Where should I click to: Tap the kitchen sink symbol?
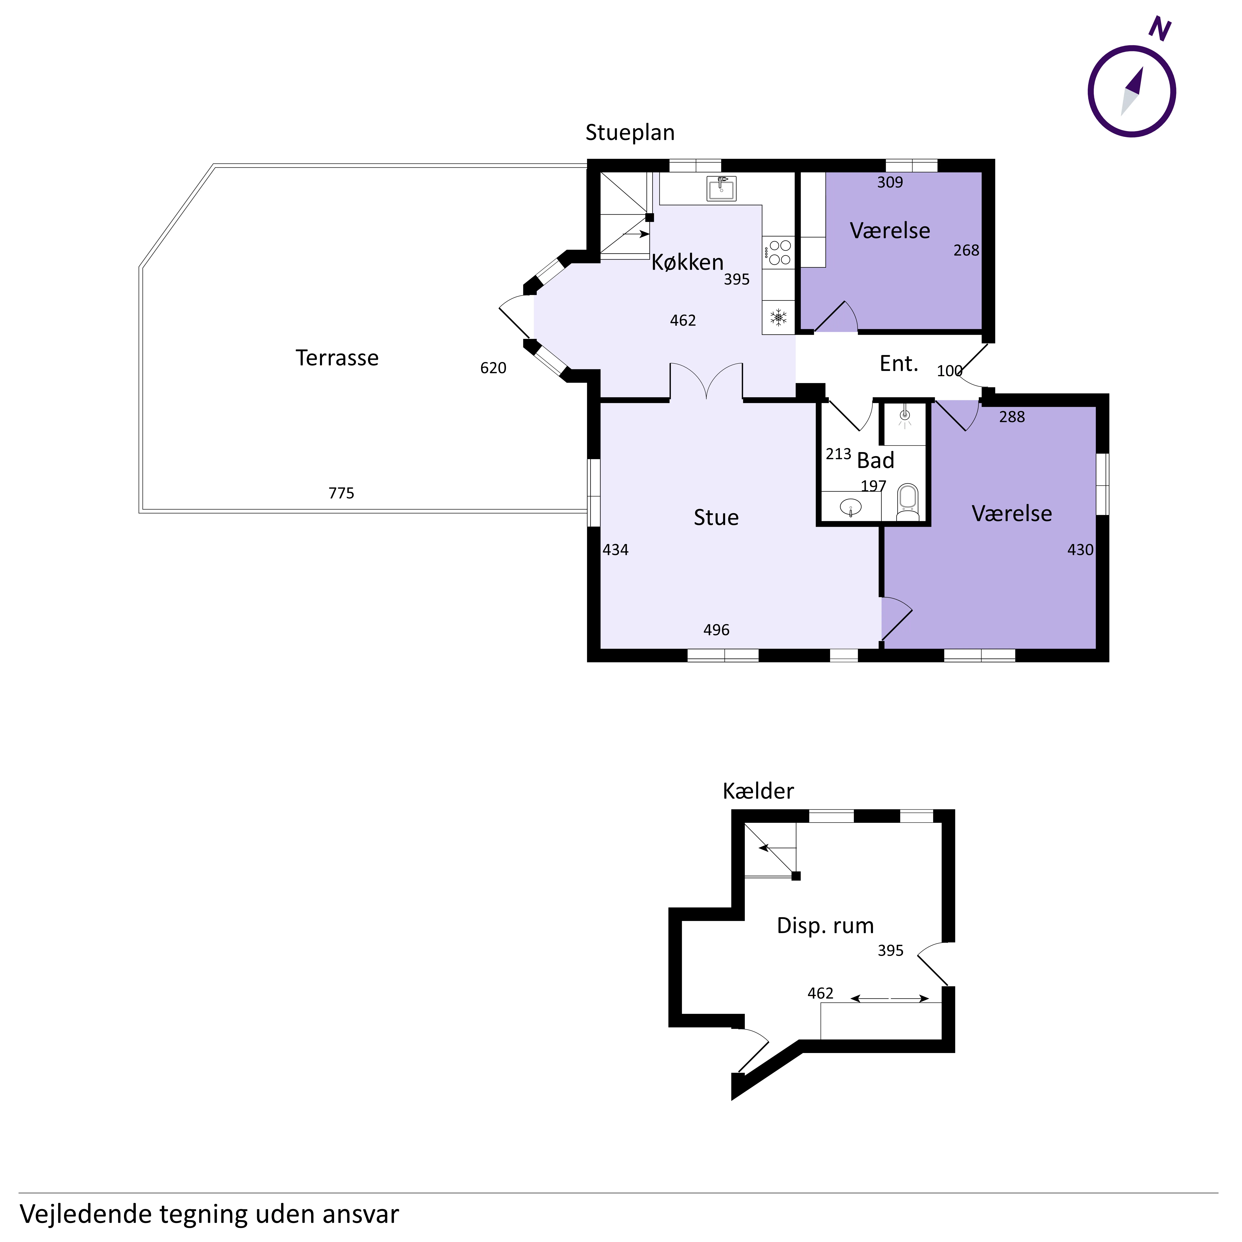coord(721,188)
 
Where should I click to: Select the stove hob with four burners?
coord(779,253)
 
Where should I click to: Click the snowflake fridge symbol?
coord(779,317)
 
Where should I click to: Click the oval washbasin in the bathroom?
coord(851,507)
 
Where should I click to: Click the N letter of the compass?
coord(1160,29)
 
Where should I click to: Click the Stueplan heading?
coord(630,132)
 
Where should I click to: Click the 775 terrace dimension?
coord(341,493)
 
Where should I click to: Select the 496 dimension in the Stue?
coord(716,630)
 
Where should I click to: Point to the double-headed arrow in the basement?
coord(890,998)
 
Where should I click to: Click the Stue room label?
coord(716,517)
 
